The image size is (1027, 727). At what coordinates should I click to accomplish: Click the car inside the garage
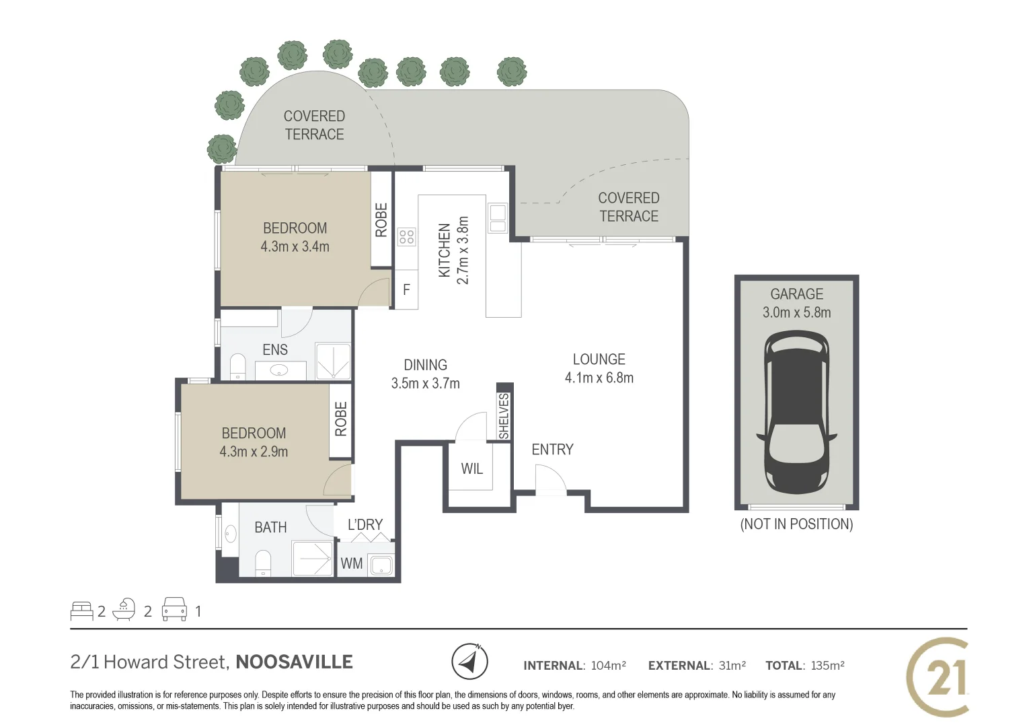(796, 412)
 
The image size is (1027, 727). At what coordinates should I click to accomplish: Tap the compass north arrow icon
(469, 662)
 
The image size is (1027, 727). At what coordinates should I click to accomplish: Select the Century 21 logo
(938, 677)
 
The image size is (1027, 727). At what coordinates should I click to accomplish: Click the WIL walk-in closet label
(471, 469)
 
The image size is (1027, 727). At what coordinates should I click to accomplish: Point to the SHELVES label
(504, 416)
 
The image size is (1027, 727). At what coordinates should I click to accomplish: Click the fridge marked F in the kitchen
(406, 290)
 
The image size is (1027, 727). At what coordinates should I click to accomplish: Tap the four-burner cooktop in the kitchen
(406, 236)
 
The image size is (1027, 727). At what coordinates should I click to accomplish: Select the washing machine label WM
(352, 563)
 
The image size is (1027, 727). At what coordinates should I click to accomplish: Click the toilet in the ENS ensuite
(237, 367)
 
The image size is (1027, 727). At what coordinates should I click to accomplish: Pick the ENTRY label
(552, 450)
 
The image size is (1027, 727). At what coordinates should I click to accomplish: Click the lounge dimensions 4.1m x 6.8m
(599, 378)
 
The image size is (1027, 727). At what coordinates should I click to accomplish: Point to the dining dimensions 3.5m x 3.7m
(425, 384)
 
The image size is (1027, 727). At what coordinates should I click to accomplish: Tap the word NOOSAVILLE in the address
(294, 662)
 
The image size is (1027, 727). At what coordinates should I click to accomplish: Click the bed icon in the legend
(81, 611)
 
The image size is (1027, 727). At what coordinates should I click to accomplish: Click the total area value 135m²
(827, 666)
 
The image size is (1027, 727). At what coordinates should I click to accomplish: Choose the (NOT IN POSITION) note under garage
(796, 524)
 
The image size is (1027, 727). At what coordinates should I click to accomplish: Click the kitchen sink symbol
(498, 218)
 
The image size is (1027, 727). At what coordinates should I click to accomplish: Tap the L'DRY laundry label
(365, 524)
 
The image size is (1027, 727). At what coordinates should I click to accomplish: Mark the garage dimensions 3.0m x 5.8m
(796, 312)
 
